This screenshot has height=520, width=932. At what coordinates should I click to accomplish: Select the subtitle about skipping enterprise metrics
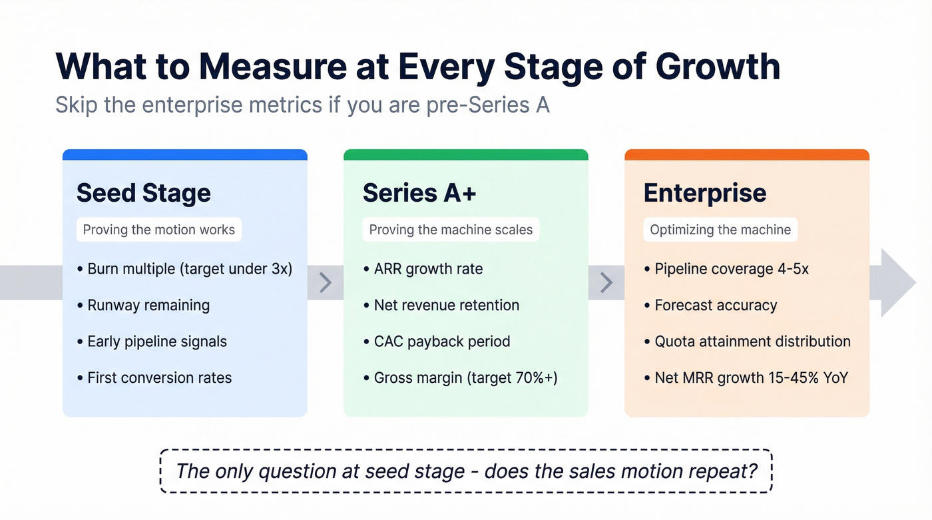coord(302,105)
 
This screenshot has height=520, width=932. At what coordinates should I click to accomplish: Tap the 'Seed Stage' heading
coord(143,193)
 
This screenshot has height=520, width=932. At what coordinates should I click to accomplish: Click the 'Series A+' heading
coord(419,193)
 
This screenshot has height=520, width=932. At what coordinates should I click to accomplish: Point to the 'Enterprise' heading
coord(704,193)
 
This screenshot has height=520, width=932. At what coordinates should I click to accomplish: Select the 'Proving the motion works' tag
coord(158,230)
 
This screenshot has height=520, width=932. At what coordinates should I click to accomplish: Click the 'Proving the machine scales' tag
coord(451,230)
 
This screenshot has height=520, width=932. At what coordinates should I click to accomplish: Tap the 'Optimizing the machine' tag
coord(720,230)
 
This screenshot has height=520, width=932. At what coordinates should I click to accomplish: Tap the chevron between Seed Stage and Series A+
coord(326,282)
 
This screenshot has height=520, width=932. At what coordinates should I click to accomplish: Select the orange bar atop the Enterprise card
coord(746,155)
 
